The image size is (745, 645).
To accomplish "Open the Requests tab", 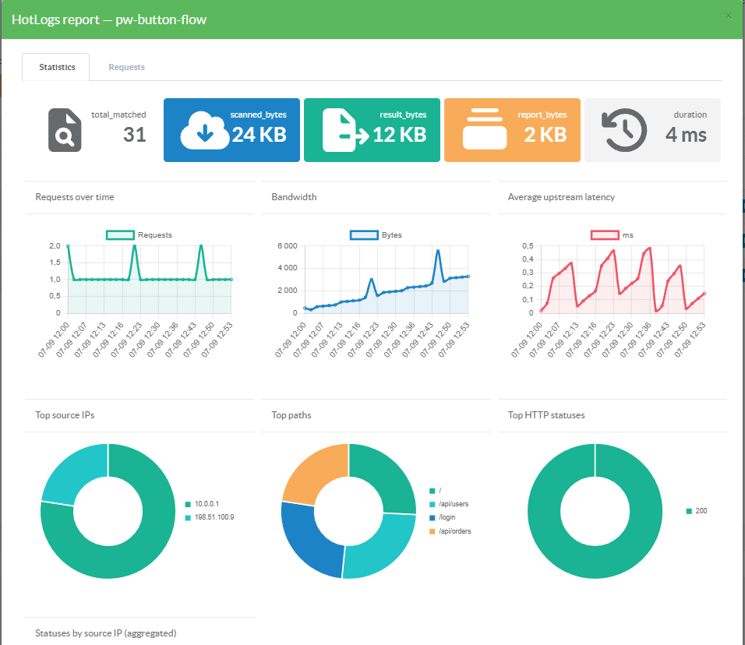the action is pos(126,67).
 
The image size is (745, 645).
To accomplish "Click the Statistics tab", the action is pos(57,67).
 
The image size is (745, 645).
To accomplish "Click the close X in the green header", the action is pos(728,16).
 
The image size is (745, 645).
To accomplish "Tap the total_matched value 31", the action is pos(135,135).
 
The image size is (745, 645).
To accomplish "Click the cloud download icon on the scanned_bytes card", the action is pos(204,131).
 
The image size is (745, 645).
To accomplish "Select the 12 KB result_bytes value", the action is pos(400,135).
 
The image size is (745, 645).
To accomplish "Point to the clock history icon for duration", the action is pos(624,130).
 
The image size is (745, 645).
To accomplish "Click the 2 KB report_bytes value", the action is pos(546,135).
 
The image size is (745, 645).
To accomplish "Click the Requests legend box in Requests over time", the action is pos(120,234).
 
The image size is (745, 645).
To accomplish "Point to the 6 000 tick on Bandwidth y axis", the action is pos(288,245).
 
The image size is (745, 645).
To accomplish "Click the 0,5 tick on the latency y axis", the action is pos(528,245).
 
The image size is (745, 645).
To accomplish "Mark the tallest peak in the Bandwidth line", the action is pos(438,251).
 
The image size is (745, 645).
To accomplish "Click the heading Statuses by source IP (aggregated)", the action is pos(105,633).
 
